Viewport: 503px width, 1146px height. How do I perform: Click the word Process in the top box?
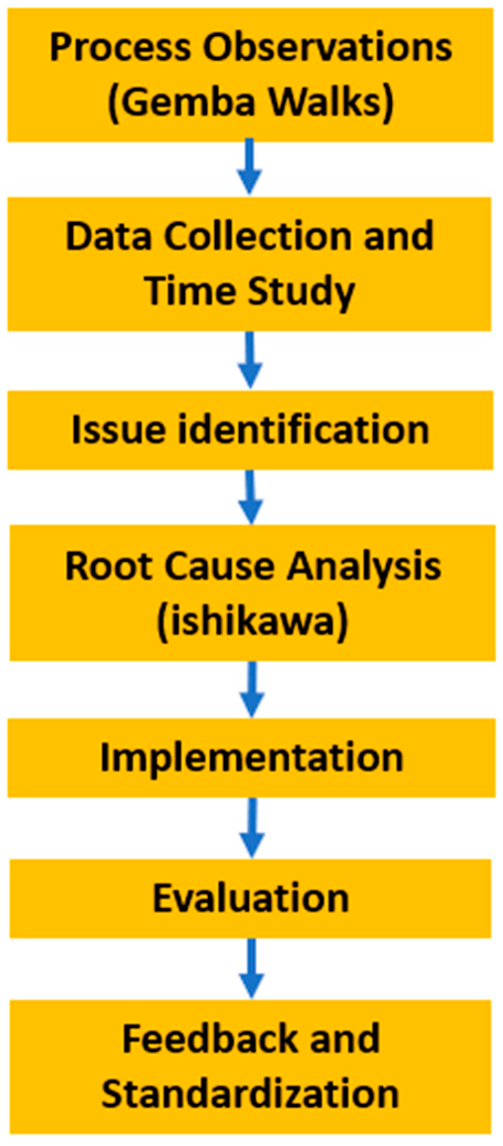point(121,48)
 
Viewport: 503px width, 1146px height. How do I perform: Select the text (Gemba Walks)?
point(251,102)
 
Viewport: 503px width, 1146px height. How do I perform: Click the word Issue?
point(118,430)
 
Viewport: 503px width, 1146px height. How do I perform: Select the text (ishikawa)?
point(252,621)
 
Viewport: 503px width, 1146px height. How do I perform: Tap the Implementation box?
point(251,757)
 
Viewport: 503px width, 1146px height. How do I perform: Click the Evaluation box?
point(251,898)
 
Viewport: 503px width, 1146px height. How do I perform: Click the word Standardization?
point(250,1094)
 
